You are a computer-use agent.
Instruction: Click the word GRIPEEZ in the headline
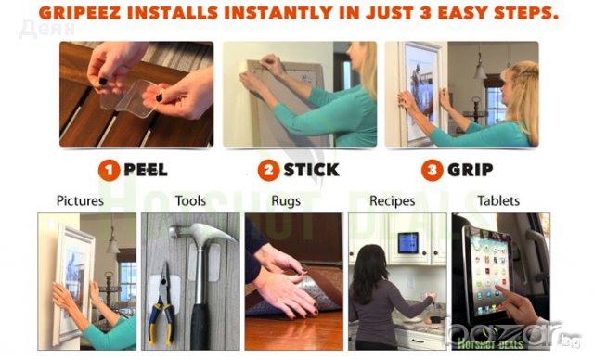[x=80, y=13]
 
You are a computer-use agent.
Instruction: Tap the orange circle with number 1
[x=110, y=171]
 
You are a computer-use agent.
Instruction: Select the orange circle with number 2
[x=268, y=170]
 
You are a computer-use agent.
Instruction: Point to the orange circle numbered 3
[x=432, y=170]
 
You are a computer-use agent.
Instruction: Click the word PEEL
[x=146, y=170]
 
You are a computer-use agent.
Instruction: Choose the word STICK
[x=312, y=170]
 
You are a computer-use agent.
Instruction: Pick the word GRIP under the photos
[x=471, y=170]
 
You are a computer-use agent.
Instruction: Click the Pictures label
[x=80, y=200]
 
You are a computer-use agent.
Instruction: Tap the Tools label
[x=190, y=200]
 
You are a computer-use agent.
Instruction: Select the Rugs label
[x=286, y=201]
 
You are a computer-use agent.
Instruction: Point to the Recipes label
[x=392, y=201]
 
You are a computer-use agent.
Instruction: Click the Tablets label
[x=498, y=200]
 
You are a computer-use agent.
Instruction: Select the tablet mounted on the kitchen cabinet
[x=408, y=243]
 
